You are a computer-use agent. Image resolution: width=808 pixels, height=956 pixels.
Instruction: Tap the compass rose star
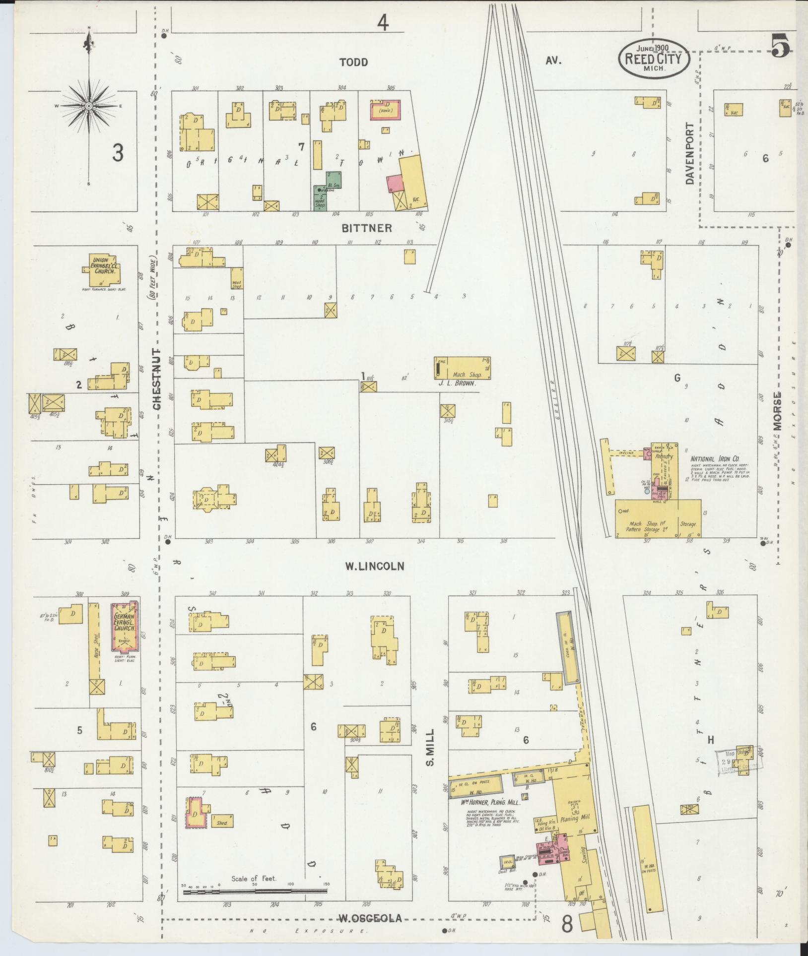point(89,106)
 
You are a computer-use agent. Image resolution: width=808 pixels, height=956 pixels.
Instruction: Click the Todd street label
point(354,62)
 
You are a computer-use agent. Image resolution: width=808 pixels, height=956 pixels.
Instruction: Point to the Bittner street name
point(366,228)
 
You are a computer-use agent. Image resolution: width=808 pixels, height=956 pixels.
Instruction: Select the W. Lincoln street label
point(375,566)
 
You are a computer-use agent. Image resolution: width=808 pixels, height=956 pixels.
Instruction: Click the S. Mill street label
point(430,747)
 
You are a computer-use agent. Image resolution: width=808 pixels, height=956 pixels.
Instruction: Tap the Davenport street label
point(690,154)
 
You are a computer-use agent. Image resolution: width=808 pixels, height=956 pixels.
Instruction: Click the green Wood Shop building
point(320,199)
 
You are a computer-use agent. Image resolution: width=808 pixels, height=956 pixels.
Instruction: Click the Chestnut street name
point(157,380)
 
